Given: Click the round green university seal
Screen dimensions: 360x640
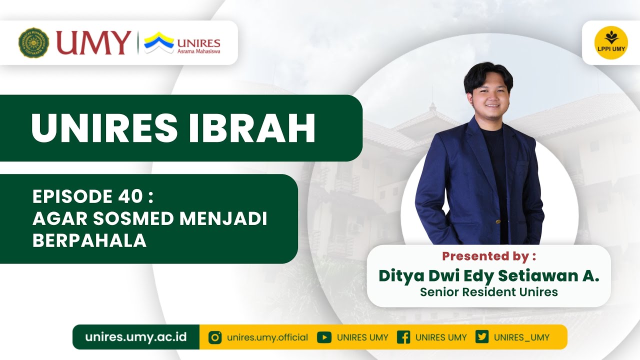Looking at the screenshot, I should pyautogui.click(x=34, y=43).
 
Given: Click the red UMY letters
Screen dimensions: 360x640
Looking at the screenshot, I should pyautogui.click(x=93, y=43).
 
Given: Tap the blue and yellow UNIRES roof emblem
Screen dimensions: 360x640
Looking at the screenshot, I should pyautogui.click(x=159, y=42).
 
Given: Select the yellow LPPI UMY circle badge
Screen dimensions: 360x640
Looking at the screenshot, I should pyautogui.click(x=611, y=43).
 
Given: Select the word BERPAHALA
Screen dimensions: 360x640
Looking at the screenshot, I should pyautogui.click(x=89, y=240).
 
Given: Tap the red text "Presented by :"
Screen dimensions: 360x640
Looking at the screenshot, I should pyautogui.click(x=488, y=256).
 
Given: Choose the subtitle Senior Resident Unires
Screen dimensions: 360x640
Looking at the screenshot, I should pyautogui.click(x=488, y=291).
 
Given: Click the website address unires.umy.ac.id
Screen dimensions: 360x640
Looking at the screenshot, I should pyautogui.click(x=136, y=337).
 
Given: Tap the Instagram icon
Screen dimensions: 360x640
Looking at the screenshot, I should pyautogui.click(x=215, y=337).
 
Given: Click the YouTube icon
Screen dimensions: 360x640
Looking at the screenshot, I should pyautogui.click(x=324, y=337).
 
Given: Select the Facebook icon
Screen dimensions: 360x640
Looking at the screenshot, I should pyautogui.click(x=403, y=337).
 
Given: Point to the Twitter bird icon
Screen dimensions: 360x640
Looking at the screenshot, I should pyautogui.click(x=482, y=337).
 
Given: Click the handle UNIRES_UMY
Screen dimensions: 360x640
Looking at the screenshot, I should pyautogui.click(x=521, y=337).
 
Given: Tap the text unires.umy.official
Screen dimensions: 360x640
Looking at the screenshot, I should pyautogui.click(x=267, y=337).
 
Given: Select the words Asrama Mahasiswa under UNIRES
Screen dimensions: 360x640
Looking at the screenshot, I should pyautogui.click(x=199, y=51).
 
